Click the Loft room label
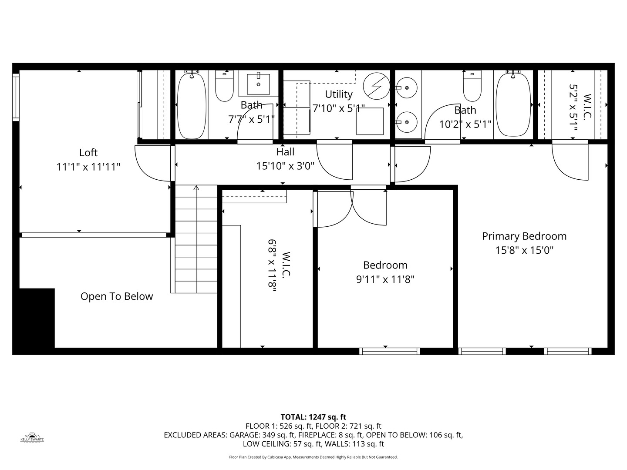pyautogui.click(x=88, y=153)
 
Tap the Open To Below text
pyautogui.click(x=117, y=296)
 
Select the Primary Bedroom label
pyautogui.click(x=524, y=236)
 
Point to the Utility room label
pyautogui.click(x=339, y=94)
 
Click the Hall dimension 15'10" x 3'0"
pyautogui.click(x=285, y=166)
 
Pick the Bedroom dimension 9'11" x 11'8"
pyautogui.click(x=385, y=279)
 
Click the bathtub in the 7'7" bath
pyautogui.click(x=192, y=106)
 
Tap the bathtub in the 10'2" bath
pyautogui.click(x=513, y=104)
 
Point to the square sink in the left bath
pyautogui.click(x=258, y=84)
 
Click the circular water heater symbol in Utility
pyautogui.click(x=377, y=86)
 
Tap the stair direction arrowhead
pyautogui.click(x=196, y=188)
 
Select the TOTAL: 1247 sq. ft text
pyautogui.click(x=313, y=417)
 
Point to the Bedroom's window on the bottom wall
pyautogui.click(x=390, y=351)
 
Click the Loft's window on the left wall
pyautogui.click(x=16, y=97)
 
